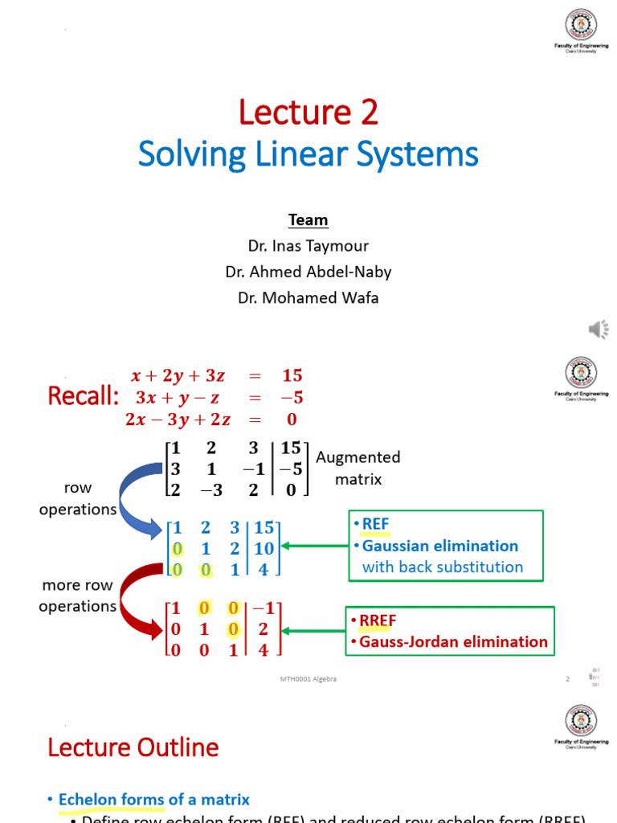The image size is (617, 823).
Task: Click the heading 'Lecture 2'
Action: point(308,113)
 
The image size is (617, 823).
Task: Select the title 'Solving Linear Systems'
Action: point(308,154)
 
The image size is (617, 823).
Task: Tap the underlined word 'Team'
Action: point(308,220)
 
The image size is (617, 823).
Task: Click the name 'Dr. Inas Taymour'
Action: point(308,246)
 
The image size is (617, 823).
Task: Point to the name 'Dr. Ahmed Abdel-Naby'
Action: point(308,272)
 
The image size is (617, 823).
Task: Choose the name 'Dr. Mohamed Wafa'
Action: point(308,298)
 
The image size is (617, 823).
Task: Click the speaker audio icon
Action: point(599,329)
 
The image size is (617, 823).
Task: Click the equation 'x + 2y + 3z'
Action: point(179,375)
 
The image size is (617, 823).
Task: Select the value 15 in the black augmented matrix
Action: point(291,448)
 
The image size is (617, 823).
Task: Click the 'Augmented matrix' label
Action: point(358,468)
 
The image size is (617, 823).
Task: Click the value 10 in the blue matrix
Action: point(264,549)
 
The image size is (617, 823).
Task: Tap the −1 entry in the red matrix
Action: point(264,609)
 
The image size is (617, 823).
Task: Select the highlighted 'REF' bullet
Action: point(375,525)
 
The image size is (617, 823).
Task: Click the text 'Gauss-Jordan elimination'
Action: point(453,641)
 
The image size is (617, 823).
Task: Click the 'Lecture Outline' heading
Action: point(133,747)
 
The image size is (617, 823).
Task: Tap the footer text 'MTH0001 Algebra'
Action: point(308,679)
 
